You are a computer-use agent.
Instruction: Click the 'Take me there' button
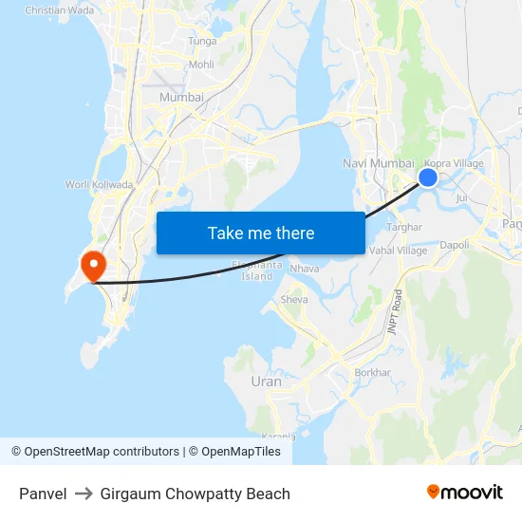(261, 233)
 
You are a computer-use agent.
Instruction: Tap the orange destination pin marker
(94, 264)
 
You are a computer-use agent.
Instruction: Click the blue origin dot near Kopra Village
(428, 177)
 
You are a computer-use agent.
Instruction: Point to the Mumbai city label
(181, 97)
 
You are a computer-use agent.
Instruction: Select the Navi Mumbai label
(378, 164)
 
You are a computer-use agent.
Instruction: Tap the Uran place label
(267, 382)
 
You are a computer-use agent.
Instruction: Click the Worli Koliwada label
(99, 184)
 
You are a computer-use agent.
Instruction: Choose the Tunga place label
(202, 41)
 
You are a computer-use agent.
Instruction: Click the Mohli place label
(201, 65)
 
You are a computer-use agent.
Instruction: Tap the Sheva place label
(294, 300)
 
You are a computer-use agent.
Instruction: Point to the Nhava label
(305, 269)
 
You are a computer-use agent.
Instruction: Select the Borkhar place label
(372, 372)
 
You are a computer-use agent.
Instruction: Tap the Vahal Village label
(399, 251)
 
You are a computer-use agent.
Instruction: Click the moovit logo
(464, 492)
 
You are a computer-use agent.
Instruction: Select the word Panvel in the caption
(43, 494)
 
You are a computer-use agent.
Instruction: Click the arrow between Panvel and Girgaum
(84, 494)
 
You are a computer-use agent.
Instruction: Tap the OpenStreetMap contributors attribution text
(102, 452)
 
